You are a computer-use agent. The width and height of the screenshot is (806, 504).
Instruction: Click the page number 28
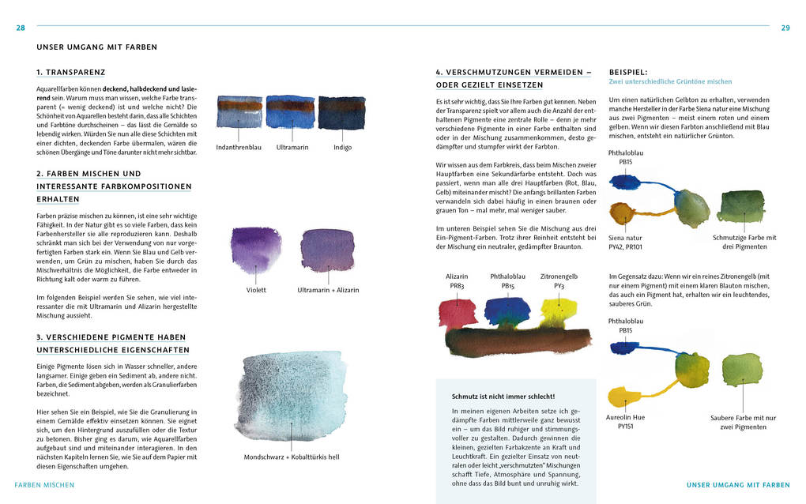point(21,28)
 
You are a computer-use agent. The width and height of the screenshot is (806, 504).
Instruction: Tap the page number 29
point(785,28)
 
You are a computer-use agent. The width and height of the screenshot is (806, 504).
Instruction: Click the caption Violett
point(256,290)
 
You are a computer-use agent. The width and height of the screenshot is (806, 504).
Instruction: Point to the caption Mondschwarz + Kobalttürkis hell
point(292,457)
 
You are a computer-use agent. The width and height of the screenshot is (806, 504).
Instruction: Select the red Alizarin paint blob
point(458,314)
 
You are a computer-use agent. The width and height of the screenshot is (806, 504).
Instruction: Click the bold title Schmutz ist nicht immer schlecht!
point(503,396)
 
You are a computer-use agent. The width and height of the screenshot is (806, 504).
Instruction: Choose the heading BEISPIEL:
point(628,71)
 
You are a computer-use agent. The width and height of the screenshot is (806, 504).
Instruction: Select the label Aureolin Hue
point(625,416)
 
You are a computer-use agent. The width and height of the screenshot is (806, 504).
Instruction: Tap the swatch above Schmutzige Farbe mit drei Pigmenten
point(739,207)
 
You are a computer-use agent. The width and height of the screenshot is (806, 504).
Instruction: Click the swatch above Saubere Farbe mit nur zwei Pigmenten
point(741,370)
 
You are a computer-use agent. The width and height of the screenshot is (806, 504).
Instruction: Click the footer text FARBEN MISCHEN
point(44,484)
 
